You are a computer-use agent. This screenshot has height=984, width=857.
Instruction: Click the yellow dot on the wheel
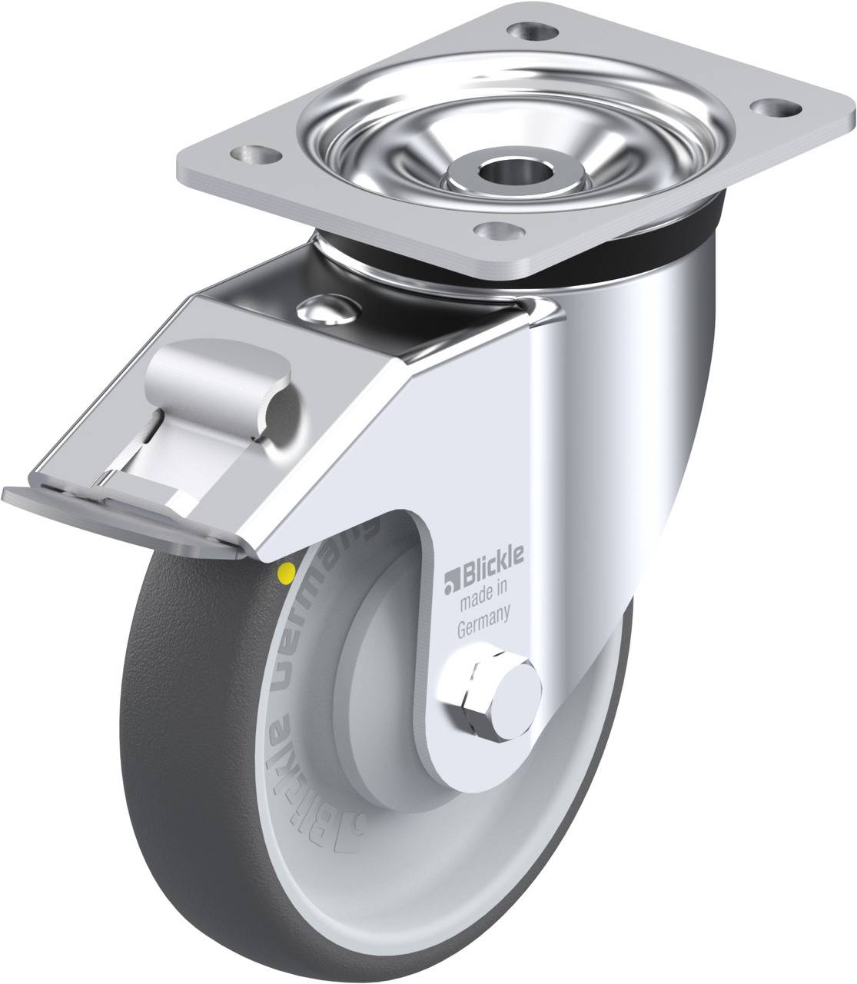click(x=287, y=571)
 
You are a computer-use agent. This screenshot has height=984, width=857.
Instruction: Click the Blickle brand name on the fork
click(x=492, y=557)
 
